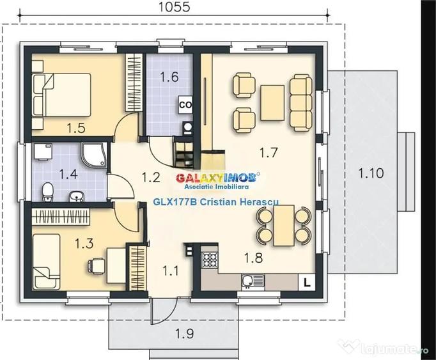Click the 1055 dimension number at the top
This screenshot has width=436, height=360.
click(x=175, y=6)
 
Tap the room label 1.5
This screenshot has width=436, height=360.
click(x=76, y=128)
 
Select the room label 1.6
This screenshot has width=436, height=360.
click(x=169, y=77)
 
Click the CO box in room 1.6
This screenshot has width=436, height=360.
click(x=185, y=105)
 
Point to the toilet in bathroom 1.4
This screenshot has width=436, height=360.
click(x=47, y=192)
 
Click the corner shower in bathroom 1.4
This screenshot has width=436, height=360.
click(x=94, y=155)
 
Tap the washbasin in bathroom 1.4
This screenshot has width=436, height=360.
click(x=76, y=196)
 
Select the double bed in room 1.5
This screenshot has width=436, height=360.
click(x=61, y=95)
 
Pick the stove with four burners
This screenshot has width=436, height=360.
click(x=210, y=260)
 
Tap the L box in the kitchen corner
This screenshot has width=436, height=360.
click(x=307, y=283)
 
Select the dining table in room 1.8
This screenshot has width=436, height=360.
click(x=284, y=226)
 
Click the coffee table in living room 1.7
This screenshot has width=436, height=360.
click(x=272, y=103)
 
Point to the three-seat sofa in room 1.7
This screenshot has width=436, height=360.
click(x=301, y=103)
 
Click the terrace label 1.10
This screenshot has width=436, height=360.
click(x=371, y=173)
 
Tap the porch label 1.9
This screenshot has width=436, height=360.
click(x=185, y=333)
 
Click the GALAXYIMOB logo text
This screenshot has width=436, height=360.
click(x=217, y=178)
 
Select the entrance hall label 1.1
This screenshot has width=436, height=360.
click(x=170, y=270)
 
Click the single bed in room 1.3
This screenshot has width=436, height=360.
click(x=47, y=262)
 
